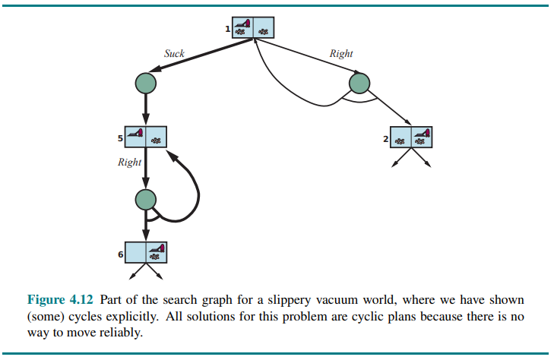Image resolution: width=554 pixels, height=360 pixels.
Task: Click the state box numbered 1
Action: pyautogui.click(x=253, y=27)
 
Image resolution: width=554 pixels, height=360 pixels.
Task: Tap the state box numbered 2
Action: pyautogui.click(x=411, y=137)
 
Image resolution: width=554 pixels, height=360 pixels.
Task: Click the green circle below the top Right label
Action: pyautogui.click(x=359, y=83)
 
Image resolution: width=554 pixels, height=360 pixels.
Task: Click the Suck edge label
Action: pyautogui.click(x=174, y=54)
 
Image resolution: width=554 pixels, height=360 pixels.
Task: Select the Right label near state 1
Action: pyautogui.click(x=341, y=54)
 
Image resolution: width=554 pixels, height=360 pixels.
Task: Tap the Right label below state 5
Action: pyautogui.click(x=129, y=163)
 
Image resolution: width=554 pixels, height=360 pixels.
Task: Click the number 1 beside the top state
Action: pyautogui.click(x=227, y=29)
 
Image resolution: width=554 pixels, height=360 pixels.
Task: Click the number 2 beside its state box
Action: pyautogui.click(x=386, y=139)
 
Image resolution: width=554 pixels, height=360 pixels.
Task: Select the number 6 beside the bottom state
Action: pyautogui.click(x=120, y=254)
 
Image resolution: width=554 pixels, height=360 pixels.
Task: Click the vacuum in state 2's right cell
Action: pyautogui.click(x=423, y=134)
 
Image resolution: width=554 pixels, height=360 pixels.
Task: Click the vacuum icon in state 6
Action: pyautogui.click(x=157, y=248)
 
